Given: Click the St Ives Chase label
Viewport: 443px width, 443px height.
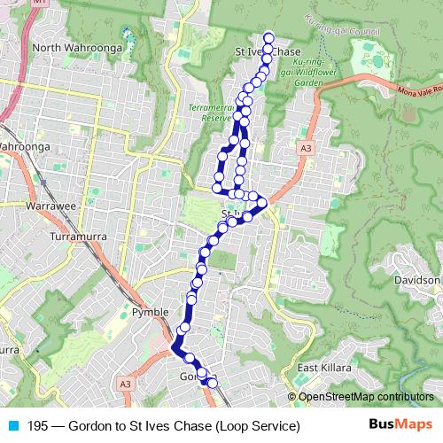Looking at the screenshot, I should pos(269,52).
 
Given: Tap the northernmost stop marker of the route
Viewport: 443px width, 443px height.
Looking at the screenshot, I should pos(268,37).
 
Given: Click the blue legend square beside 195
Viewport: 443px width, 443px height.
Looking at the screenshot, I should pos(12,426).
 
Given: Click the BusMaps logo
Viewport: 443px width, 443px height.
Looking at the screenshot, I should pos(401,425).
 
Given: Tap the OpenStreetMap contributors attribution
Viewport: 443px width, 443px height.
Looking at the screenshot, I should pos(365,397).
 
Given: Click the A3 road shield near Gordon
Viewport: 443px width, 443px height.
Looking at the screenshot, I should pos(126,384).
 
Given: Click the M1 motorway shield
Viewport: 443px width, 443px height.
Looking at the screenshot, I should pos(37,4).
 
